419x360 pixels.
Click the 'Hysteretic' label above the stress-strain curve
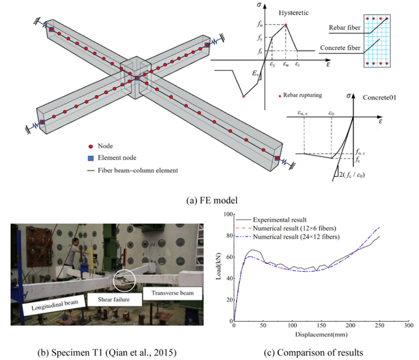[294, 13]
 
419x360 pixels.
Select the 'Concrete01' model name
[379, 97]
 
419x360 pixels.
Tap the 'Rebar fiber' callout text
[344, 28]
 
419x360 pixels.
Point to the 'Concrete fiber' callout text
[340, 48]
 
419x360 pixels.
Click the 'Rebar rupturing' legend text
[302, 95]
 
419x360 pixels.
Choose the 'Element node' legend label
[117, 157]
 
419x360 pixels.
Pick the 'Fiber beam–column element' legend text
[138, 171]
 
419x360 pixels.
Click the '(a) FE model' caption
[212, 201]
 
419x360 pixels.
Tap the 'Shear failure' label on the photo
[113, 299]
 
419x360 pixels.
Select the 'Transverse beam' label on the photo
[172, 293]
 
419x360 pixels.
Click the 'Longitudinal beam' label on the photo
[55, 305]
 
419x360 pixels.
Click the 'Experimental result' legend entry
[279, 220]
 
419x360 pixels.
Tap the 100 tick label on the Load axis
[229, 214]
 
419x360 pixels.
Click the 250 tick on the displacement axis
[380, 325]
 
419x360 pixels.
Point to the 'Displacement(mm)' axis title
[321, 335]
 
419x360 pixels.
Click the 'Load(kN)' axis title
[218, 266]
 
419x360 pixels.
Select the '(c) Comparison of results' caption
[313, 353]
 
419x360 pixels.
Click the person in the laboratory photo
[73, 251]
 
